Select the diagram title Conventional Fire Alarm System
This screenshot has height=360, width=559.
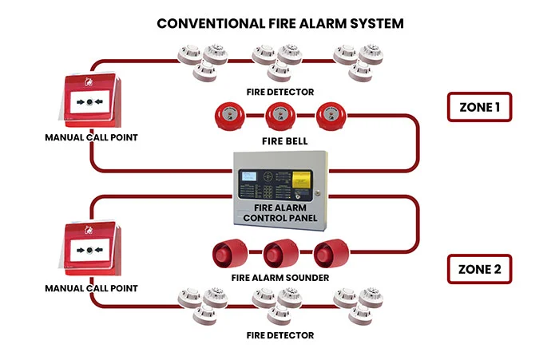tap(279, 22)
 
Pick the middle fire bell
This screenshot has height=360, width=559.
tap(279, 117)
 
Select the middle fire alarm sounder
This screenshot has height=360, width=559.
tap(279, 255)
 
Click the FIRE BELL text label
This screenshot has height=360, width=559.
tap(279, 141)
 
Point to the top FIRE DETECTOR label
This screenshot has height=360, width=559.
tap(279, 92)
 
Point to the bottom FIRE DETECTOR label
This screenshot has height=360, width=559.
tap(279, 335)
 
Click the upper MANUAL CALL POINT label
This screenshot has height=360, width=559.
tap(91, 138)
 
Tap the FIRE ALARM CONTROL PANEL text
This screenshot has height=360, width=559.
tap(280, 212)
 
